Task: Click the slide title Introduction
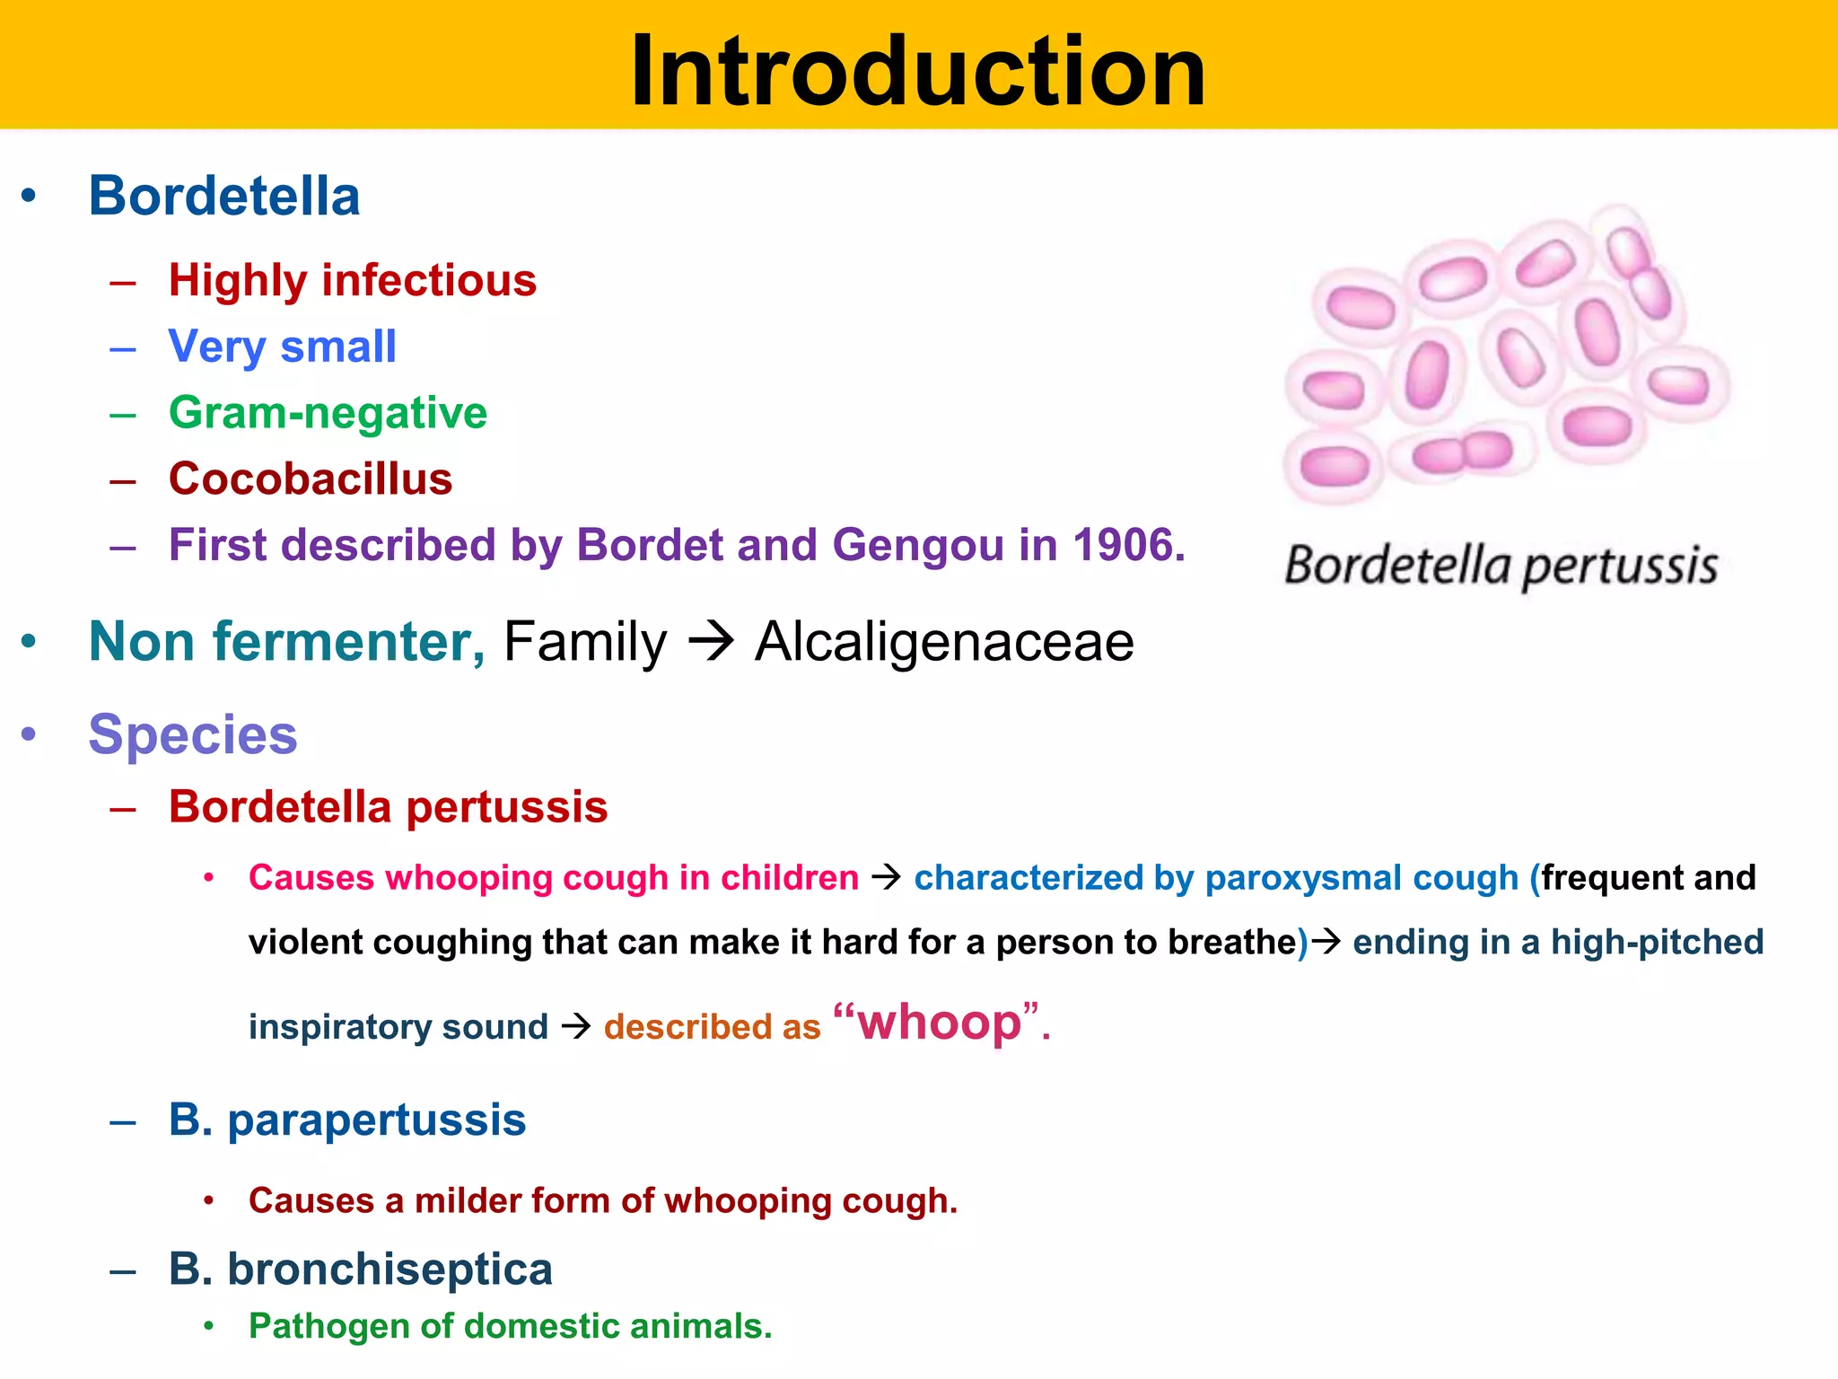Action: coord(917,72)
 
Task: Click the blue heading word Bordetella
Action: coord(224,196)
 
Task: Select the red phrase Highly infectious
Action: coord(352,280)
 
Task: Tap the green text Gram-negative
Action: coord(328,413)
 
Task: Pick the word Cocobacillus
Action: coord(311,479)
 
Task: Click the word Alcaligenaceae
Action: coord(944,642)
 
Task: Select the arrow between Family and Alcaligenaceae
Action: coord(711,643)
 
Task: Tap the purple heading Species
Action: coord(193,734)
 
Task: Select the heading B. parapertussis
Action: coord(347,1120)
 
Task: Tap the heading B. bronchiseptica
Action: coord(360,1269)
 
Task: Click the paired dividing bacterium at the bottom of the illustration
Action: coord(1463,452)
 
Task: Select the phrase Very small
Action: coord(282,347)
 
